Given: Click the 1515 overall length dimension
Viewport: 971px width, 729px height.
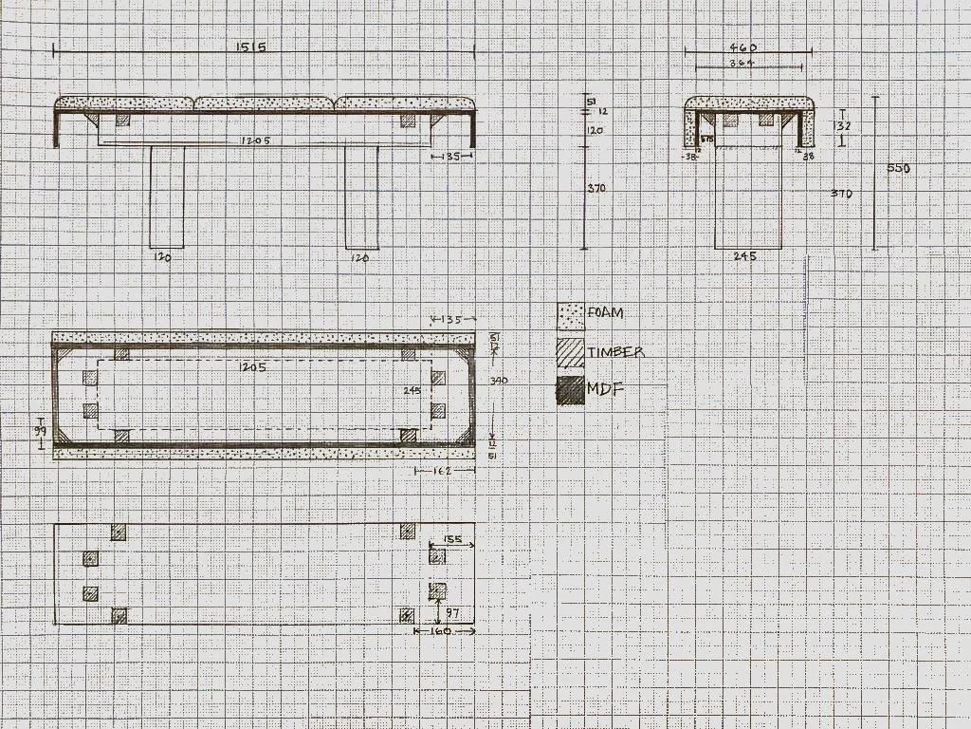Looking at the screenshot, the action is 254,47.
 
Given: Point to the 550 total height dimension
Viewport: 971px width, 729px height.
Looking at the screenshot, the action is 898,168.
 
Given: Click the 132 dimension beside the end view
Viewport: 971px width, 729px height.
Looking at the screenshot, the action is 841,125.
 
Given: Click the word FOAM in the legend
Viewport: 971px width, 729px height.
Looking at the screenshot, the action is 605,312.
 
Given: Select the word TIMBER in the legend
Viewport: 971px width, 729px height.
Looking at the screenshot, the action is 615,352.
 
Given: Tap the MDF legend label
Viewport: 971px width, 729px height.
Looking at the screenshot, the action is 605,389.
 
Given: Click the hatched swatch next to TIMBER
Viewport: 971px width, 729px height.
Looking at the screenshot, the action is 570,353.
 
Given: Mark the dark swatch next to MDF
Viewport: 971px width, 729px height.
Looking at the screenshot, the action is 570,391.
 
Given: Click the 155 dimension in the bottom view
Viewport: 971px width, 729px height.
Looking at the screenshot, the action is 452,539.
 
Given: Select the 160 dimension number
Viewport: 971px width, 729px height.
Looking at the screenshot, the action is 440,631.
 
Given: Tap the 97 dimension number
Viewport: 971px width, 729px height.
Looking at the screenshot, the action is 452,613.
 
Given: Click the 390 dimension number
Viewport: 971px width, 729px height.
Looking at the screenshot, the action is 498,381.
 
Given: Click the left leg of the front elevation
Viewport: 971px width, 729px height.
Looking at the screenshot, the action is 167,196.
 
